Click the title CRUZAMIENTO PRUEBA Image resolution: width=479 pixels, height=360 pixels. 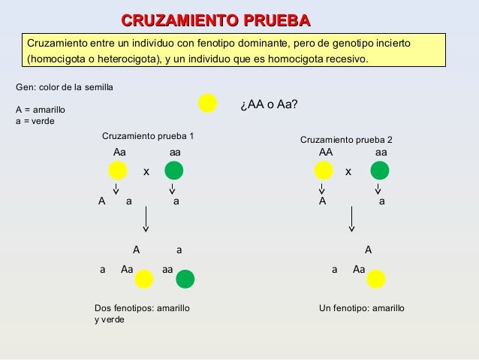(216, 20)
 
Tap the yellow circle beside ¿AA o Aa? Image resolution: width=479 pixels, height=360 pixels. (208, 103)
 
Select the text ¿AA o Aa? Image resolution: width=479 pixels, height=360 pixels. (269, 104)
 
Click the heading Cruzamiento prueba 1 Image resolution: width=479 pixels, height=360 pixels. (148, 136)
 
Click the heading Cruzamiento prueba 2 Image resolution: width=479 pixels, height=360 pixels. (346, 140)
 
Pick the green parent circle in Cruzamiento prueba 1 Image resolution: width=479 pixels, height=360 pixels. (174, 171)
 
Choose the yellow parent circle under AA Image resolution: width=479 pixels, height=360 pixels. (324, 171)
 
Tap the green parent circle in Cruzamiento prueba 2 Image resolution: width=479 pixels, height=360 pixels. (380, 171)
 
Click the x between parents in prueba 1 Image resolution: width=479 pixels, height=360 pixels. (146, 172)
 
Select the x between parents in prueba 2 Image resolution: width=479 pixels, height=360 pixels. (348, 172)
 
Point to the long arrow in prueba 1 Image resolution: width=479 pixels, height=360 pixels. (146, 219)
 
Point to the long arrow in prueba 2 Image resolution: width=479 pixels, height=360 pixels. (352, 219)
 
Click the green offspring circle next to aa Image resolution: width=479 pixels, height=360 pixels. (185, 279)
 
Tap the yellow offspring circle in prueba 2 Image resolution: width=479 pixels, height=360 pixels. (376, 279)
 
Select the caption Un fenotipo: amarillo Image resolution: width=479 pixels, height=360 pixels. (362, 308)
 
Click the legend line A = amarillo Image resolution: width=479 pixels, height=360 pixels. (41, 110)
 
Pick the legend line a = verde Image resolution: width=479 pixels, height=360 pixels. (35, 121)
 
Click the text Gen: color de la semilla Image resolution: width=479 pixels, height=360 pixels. (65, 87)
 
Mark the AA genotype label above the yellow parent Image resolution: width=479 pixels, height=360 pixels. (326, 152)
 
